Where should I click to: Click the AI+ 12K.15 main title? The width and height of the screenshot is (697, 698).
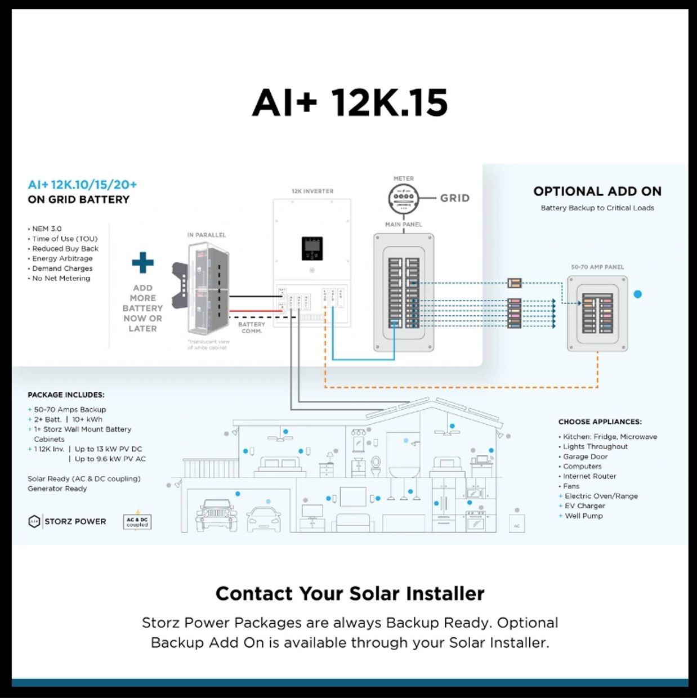[350, 102]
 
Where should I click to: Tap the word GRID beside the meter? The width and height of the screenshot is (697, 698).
[454, 198]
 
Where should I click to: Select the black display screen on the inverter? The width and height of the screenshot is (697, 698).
[312, 248]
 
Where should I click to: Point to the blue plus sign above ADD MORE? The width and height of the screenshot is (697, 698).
[142, 263]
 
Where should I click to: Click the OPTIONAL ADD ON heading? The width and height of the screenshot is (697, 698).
[597, 191]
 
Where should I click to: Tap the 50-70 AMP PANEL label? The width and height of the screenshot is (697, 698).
[597, 267]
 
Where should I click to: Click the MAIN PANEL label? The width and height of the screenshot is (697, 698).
[403, 224]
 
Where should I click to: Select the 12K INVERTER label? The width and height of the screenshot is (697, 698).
[312, 191]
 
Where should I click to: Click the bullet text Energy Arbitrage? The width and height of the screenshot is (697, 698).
[62, 258]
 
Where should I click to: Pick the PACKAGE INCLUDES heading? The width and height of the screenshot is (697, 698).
[66, 395]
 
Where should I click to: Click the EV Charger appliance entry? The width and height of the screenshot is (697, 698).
[584, 505]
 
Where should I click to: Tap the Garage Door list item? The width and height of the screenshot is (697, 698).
[585, 457]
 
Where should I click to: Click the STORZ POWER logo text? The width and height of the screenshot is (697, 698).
[75, 521]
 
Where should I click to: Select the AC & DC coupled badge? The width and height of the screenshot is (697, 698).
[137, 522]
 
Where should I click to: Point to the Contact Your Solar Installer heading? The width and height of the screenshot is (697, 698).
[350, 593]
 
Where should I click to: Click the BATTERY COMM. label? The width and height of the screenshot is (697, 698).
[252, 328]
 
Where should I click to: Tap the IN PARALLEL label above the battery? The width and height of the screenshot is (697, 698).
[207, 235]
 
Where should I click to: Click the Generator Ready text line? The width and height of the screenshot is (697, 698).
[57, 489]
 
